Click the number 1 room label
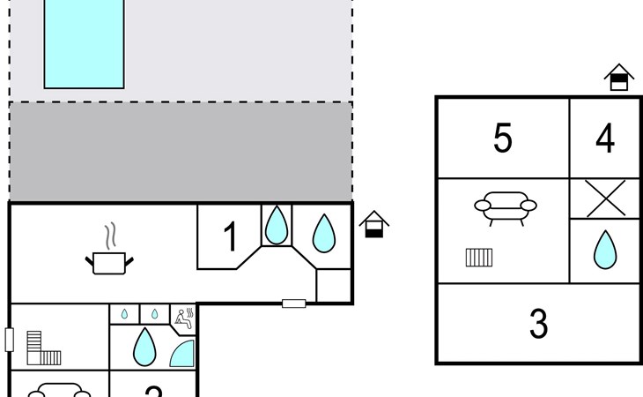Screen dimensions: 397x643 coord(230,237)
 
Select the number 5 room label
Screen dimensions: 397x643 coord(502,139)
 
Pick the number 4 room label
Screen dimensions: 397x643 coord(605,139)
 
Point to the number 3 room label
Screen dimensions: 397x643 coord(538,324)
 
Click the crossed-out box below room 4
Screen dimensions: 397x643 coord(605,198)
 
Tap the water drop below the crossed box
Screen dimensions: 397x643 coord(605,250)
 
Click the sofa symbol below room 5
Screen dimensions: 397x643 coord(505,206)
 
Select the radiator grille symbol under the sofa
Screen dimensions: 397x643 coord(479,258)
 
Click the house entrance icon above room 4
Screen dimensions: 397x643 coord(619,78)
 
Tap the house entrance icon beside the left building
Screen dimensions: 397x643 coord(374,224)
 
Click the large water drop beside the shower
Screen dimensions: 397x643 coord(144,347)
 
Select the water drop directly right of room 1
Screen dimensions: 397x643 coord(277,225)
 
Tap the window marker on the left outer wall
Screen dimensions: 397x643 coord(10,340)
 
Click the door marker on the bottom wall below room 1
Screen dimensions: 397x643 coord(293,303)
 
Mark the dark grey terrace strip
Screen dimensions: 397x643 coord(181,151)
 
